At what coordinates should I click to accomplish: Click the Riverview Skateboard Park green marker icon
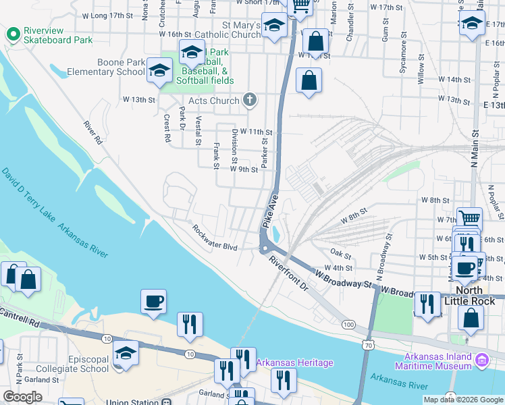(13, 35)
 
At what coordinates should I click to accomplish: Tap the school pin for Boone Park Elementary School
(160, 70)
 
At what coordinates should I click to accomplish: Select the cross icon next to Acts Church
(250, 101)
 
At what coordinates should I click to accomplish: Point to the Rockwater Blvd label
(215, 238)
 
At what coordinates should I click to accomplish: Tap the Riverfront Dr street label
(288, 274)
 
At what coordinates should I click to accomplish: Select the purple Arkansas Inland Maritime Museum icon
(481, 358)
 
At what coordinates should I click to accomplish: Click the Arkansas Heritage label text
(294, 363)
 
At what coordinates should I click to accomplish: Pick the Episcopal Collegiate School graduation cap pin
(125, 352)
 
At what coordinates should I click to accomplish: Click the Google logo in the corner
(22, 397)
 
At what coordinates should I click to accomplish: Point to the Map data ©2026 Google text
(463, 400)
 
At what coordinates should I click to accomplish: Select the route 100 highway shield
(348, 325)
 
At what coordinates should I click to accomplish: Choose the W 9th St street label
(244, 169)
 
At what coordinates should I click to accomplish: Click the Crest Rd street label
(166, 128)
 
